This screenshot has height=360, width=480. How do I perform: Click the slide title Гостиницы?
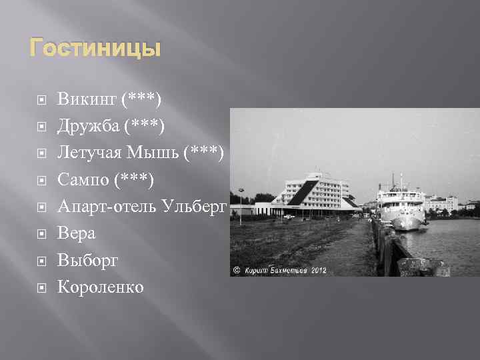coord(94,49)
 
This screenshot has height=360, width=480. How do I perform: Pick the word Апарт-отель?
coord(107,207)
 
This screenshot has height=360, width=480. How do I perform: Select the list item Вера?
coord(77,233)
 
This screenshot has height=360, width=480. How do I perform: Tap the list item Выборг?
coord(88,260)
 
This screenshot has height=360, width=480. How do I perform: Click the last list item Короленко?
coord(100,287)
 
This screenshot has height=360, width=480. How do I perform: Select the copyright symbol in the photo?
coord(236,271)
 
